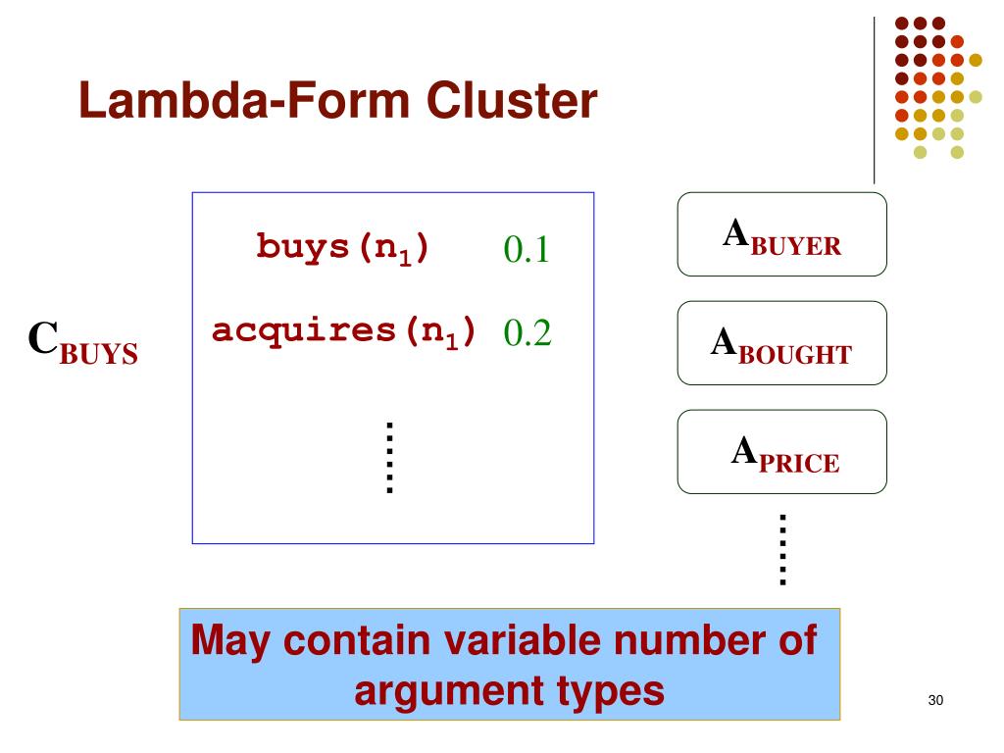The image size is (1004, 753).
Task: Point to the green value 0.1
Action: pos(526,251)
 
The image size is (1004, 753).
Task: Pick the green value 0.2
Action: pos(527,333)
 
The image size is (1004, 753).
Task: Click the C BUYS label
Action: pos(82,341)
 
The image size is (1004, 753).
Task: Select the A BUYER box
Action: pos(781,234)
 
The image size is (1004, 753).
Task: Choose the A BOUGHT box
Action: pos(781,343)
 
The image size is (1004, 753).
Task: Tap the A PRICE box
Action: pos(781,452)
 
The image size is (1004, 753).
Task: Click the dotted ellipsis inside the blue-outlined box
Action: pos(389,457)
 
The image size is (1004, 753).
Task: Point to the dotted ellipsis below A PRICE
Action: pos(782,549)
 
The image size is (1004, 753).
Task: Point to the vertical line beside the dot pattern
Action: pos(874,98)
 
